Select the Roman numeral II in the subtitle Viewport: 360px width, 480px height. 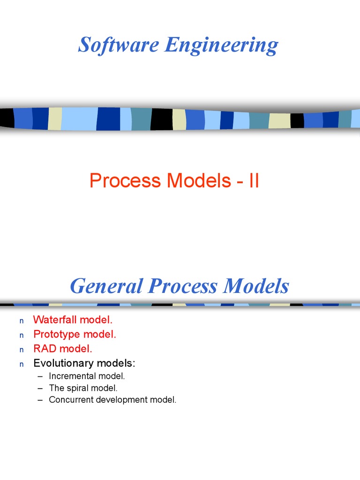tap(254, 181)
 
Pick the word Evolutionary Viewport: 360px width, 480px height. tap(63, 363)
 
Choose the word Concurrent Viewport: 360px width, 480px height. tap(71, 400)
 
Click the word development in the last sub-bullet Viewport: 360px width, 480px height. tap(121, 400)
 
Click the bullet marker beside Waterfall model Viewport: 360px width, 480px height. tap(21, 321)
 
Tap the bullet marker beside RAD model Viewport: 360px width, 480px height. tap(21, 350)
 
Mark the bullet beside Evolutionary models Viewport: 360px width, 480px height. tap(21, 364)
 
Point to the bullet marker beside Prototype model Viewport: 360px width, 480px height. tap(21, 336)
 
